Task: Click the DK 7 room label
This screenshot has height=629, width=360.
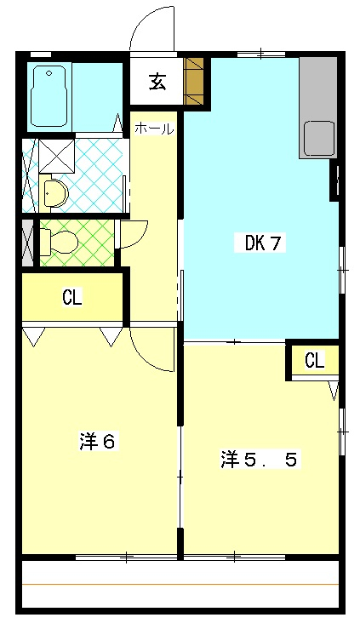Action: (263, 243)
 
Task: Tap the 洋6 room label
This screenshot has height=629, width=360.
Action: (97, 442)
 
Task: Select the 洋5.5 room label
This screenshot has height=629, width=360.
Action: (259, 460)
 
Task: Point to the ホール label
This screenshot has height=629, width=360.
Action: (154, 129)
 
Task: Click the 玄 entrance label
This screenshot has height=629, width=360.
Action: (157, 82)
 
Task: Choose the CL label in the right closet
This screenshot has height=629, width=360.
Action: (314, 359)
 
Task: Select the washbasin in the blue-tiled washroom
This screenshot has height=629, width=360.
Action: (53, 193)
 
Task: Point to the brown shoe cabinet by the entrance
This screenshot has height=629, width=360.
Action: (196, 81)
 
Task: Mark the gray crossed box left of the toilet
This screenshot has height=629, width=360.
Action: (28, 243)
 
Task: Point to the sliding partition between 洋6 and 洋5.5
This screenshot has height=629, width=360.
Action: (180, 477)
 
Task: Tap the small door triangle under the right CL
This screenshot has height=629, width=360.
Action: (334, 391)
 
